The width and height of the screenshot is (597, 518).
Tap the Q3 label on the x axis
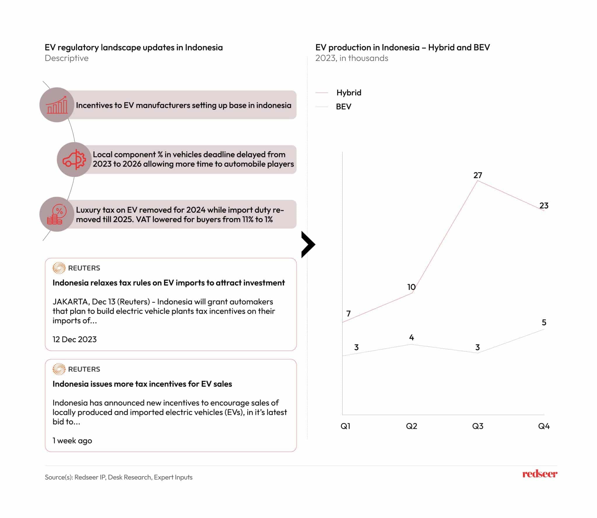[477, 426]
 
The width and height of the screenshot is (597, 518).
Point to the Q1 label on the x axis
[345, 426]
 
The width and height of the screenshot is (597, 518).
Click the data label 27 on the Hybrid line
[477, 175]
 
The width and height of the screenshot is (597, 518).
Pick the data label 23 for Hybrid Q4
[544, 206]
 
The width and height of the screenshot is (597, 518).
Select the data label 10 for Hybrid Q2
[411, 287]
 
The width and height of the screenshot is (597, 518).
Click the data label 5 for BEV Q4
[544, 322]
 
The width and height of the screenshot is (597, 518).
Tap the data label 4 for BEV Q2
[411, 337]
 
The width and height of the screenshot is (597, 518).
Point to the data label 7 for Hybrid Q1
[348, 314]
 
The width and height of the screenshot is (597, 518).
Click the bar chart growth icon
[57, 105]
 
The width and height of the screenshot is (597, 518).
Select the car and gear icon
[74, 160]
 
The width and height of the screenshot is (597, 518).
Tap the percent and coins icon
[57, 214]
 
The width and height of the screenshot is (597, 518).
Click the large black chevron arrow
[308, 244]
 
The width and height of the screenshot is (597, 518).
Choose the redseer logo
[540, 474]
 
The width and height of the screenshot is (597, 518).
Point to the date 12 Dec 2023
[74, 339]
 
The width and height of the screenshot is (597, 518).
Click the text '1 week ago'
[72, 440]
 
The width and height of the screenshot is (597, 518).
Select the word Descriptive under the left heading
[66, 58]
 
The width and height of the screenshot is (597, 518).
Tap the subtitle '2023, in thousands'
[352, 58]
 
